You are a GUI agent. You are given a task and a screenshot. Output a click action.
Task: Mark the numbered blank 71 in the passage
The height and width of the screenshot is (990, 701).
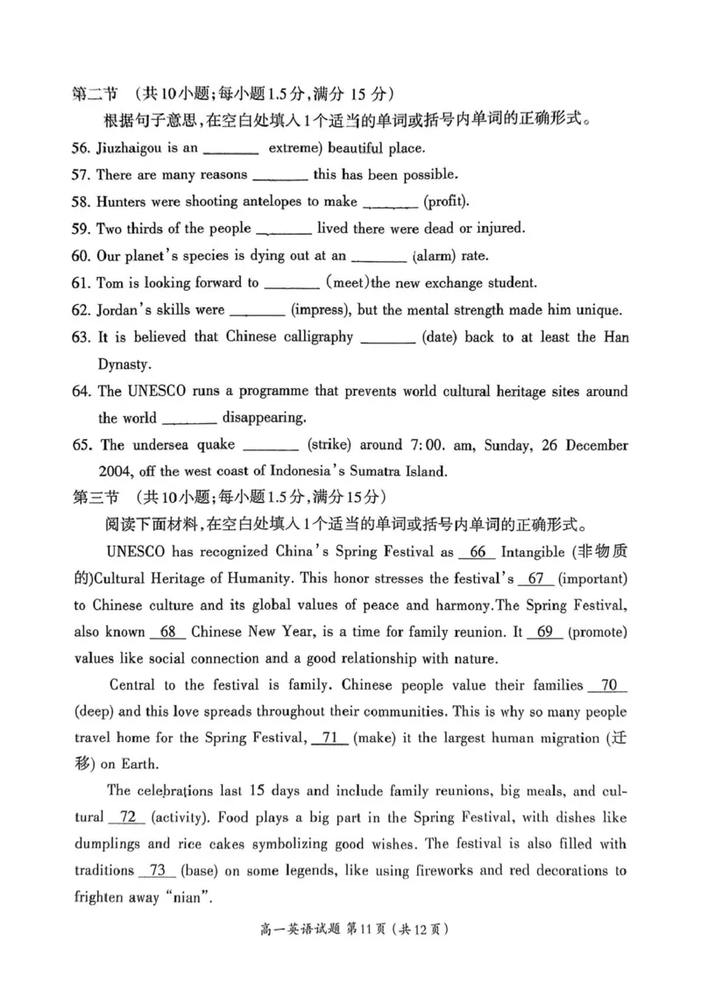[x=329, y=739]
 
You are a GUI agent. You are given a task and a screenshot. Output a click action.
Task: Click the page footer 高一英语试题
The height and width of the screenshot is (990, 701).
[x=287, y=952]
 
